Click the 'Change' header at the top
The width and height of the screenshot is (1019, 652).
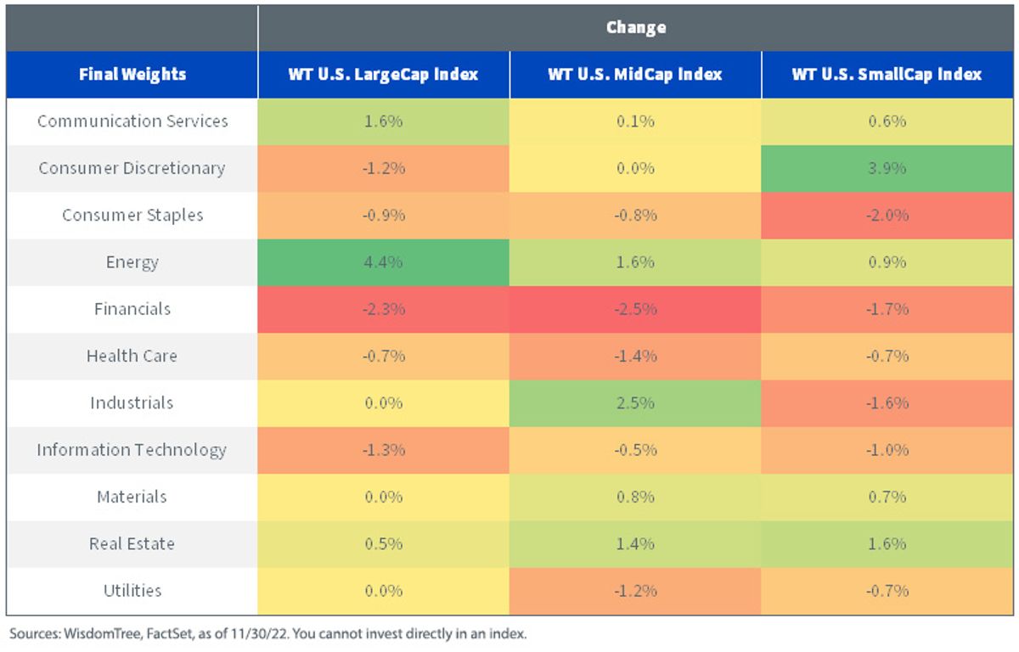click(636, 28)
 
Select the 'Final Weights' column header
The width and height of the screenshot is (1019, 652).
click(132, 74)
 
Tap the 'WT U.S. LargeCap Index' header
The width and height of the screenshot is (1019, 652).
click(383, 74)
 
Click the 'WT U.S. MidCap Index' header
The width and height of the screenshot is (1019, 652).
click(635, 74)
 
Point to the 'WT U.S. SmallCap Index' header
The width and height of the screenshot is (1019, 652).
click(887, 74)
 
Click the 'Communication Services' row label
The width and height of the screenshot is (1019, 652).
click(132, 121)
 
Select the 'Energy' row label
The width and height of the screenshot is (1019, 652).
click(132, 262)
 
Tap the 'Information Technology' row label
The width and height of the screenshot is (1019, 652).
click(132, 450)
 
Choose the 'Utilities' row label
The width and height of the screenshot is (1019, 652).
click(132, 591)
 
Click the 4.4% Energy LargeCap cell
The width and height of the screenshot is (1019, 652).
click(383, 262)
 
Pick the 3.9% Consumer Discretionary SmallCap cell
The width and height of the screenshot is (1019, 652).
click(887, 169)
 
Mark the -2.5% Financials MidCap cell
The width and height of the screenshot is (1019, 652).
click(635, 309)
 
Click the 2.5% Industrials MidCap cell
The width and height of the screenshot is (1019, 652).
click(635, 403)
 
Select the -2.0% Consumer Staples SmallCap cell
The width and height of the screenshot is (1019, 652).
click(887, 215)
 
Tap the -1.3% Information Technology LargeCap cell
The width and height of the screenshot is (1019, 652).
click(383, 450)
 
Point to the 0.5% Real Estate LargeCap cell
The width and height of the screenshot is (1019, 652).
click(383, 544)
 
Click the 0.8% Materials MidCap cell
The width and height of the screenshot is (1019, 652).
click(635, 497)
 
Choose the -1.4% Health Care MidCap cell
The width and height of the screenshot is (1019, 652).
click(635, 356)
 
